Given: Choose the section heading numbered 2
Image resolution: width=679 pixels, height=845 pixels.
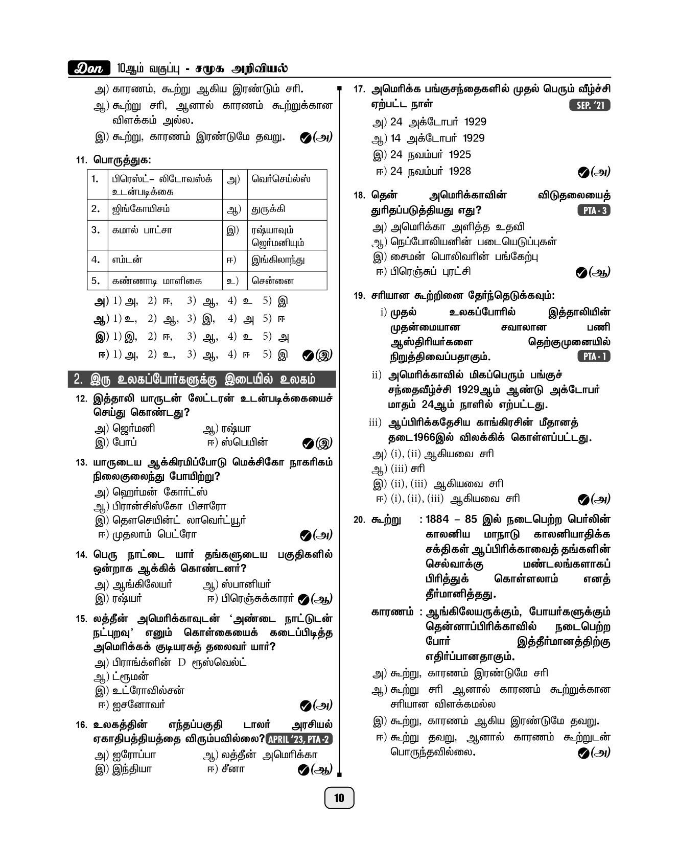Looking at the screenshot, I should coord(202,380).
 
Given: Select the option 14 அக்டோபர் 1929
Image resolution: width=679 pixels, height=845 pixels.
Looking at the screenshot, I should coord(437,138).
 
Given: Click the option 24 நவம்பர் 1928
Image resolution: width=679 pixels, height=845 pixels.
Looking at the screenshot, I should coord(430,171).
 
